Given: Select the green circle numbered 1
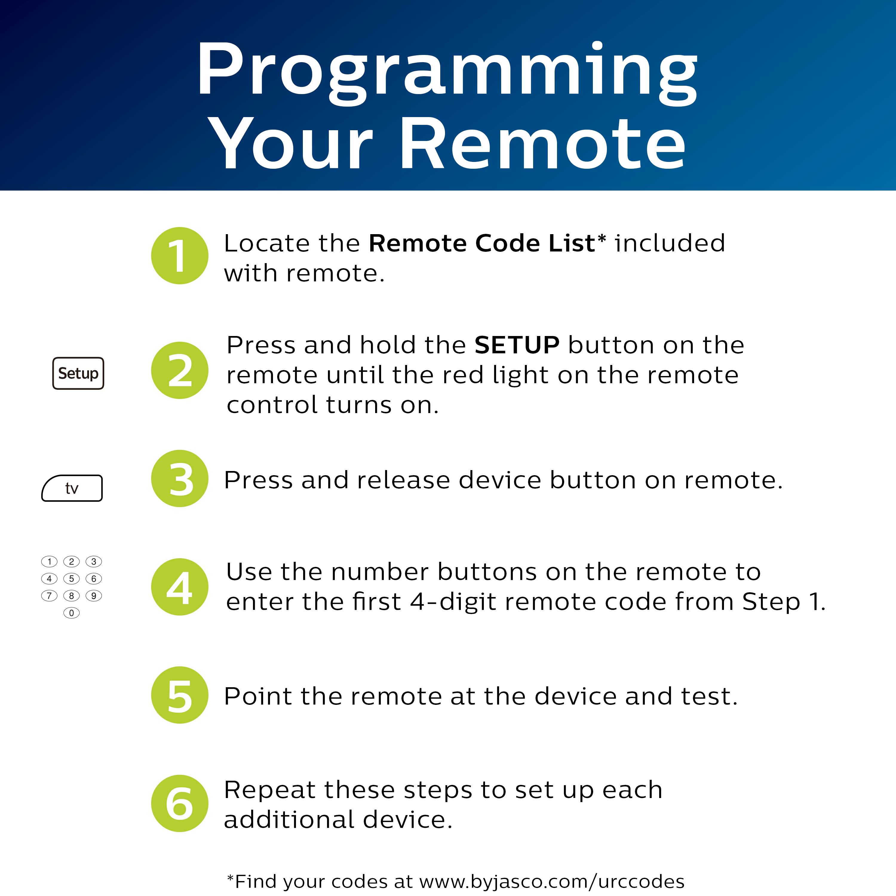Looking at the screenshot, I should [179, 256].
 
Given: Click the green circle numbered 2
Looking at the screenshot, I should [179, 370].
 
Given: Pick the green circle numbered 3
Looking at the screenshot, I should [179, 478].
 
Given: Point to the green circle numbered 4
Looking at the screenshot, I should [179, 587].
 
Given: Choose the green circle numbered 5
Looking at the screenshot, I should [179, 695].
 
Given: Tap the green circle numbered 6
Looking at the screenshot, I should [179, 804].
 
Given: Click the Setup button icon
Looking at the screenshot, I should [78, 373].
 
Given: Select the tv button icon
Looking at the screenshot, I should [72, 488].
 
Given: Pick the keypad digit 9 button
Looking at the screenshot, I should [94, 596].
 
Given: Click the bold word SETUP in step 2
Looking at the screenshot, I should [517, 346].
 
